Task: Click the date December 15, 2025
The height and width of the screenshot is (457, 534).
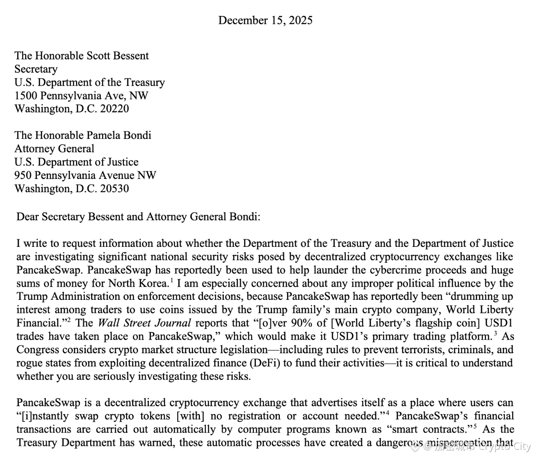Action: click(x=265, y=20)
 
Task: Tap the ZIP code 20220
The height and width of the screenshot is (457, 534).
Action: click(x=114, y=108)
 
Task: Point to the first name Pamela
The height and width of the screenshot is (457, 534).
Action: click(x=103, y=135)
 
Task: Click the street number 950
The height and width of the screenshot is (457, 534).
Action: click(x=23, y=175)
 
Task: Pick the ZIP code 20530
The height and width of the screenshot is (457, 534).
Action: click(x=114, y=188)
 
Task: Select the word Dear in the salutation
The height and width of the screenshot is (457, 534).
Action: click(x=26, y=217)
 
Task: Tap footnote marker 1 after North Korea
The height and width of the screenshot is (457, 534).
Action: click(x=171, y=280)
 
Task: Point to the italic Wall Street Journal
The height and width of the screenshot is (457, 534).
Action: click(x=144, y=323)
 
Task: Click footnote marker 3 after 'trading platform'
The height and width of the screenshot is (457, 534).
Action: click(x=496, y=333)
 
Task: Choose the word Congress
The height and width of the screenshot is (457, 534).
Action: click(x=37, y=350)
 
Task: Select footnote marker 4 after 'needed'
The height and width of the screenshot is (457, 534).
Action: click(x=387, y=413)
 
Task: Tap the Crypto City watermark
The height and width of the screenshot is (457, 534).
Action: click(x=504, y=447)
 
